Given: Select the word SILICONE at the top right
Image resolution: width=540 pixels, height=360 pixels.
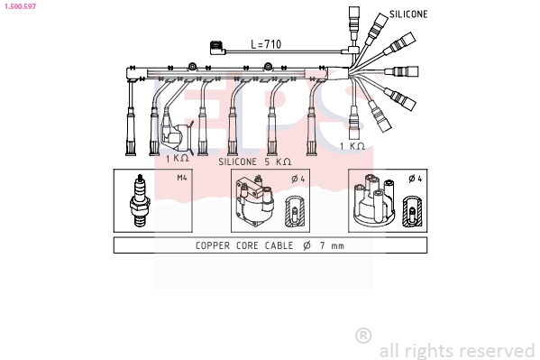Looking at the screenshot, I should [x=408, y=15].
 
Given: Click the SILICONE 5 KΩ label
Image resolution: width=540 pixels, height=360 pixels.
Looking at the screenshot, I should [x=255, y=161].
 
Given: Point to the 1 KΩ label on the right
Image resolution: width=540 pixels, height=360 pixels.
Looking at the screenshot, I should [x=352, y=145].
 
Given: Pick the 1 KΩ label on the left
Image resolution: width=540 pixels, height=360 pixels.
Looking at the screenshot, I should [x=177, y=158].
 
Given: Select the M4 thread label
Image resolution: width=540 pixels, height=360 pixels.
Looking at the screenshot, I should [x=181, y=178].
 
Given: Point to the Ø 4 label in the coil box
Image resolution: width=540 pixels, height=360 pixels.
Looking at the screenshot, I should [x=298, y=178].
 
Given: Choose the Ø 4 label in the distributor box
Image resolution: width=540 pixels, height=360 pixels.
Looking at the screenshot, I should [x=414, y=178].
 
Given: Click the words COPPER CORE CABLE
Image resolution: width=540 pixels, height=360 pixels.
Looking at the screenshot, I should [x=241, y=245].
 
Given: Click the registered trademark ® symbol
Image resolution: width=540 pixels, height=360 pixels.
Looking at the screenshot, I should [x=363, y=336].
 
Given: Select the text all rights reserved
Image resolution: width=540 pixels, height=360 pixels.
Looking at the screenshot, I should [x=457, y=350].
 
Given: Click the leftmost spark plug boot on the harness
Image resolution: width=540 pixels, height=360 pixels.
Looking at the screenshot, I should [x=133, y=126].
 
